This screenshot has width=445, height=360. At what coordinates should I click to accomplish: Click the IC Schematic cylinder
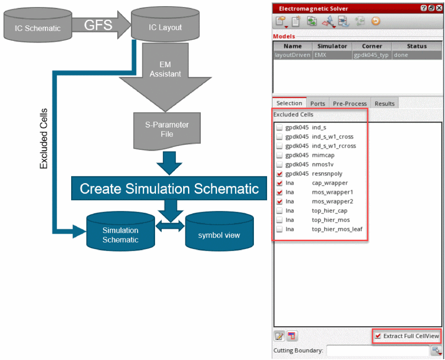[x=37, y=27]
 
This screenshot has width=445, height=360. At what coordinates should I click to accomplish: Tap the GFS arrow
[x=100, y=25]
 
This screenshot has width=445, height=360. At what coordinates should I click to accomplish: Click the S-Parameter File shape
[x=167, y=130]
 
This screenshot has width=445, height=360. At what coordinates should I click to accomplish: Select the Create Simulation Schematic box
[x=169, y=188]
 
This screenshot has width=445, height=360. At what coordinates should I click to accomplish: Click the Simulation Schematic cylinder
[x=120, y=235]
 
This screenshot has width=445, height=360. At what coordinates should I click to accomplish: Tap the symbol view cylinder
[x=219, y=235]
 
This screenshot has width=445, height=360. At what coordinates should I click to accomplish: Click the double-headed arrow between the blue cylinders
[x=170, y=226]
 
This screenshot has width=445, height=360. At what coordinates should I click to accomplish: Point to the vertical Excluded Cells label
[x=43, y=138]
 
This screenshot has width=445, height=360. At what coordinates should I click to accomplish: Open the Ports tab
[x=318, y=104]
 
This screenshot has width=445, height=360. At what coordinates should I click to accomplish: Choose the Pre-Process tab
[x=350, y=104]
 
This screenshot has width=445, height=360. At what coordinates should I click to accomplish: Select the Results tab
[x=384, y=104]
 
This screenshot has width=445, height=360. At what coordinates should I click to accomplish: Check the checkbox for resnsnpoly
[x=279, y=174]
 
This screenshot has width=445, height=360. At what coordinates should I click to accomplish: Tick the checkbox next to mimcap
[x=279, y=155]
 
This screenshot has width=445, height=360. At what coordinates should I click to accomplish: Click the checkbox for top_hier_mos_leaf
[x=279, y=229]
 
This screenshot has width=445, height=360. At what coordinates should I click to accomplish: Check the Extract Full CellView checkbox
[x=378, y=336]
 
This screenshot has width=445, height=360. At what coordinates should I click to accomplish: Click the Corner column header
[x=372, y=46]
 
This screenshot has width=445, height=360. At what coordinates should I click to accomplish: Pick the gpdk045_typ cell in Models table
[x=372, y=55]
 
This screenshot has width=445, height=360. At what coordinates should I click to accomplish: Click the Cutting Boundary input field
[x=377, y=350]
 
